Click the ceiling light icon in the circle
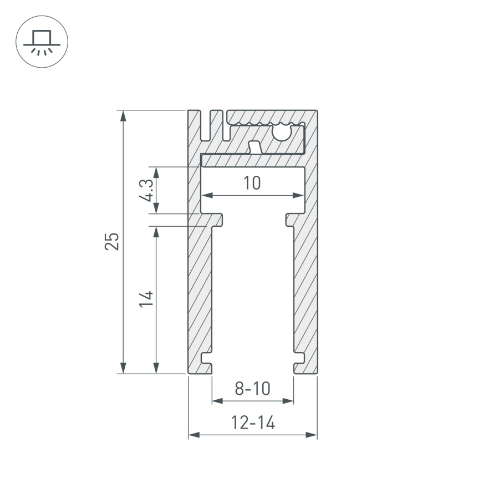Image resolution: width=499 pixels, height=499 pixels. [42, 42]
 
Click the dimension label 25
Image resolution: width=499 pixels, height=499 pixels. [113, 241]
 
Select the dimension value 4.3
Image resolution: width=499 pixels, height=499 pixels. [147, 190]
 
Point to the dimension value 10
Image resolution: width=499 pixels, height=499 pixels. [252, 183]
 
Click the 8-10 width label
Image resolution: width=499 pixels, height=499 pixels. [252, 389]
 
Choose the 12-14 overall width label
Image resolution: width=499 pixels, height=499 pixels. [253, 424]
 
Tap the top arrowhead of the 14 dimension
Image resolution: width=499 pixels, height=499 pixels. [157, 231]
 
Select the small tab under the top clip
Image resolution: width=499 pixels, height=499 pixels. [255, 147]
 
